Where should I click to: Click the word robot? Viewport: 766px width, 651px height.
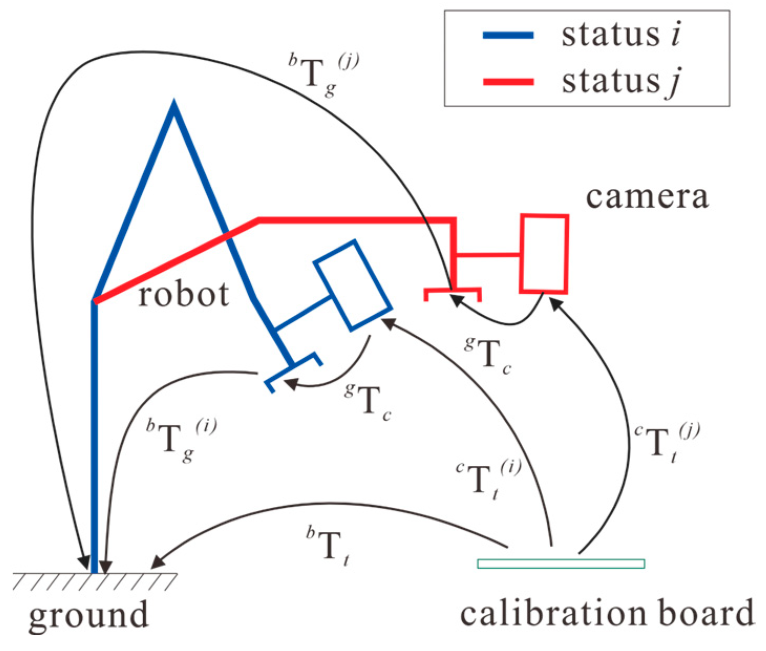pos(183,294)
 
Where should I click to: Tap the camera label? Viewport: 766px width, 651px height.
pos(646,197)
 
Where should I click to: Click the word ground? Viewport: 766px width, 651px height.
pos(88,615)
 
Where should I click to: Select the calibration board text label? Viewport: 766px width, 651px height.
pos(607,613)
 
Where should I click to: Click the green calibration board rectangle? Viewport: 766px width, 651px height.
pos(560,564)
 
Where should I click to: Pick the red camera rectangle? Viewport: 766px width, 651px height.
pos(544,253)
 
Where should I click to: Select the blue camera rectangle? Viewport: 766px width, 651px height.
pos(353,285)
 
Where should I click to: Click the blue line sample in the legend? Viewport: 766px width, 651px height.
pos(508,36)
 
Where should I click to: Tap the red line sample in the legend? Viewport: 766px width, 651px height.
pos(508,82)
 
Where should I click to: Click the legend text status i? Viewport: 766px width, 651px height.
pos(621,35)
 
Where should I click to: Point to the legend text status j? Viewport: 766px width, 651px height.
pos(621,82)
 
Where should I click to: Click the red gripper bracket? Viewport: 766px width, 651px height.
pos(453,291)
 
